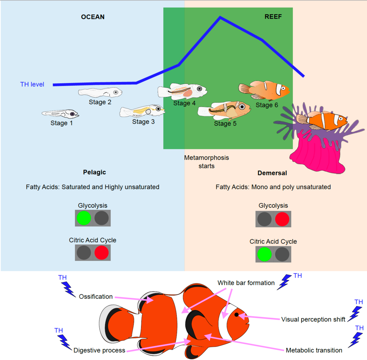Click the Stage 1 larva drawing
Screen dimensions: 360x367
click(60, 114)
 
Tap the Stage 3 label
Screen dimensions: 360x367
click(143, 122)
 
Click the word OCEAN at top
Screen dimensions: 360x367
click(93, 17)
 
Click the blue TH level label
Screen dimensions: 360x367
click(32, 84)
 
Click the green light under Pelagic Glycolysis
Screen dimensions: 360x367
click(84, 218)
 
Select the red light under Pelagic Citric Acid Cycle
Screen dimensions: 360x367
click(102, 253)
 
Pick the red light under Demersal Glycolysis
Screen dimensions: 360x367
click(282, 219)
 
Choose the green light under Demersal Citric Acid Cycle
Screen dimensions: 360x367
click(264, 254)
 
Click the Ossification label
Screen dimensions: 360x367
click(96, 296)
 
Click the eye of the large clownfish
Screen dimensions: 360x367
click(236, 314)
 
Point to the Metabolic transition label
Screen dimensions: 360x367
click(314, 350)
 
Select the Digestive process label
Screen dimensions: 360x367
click(99, 350)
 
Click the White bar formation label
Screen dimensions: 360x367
click(246, 283)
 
